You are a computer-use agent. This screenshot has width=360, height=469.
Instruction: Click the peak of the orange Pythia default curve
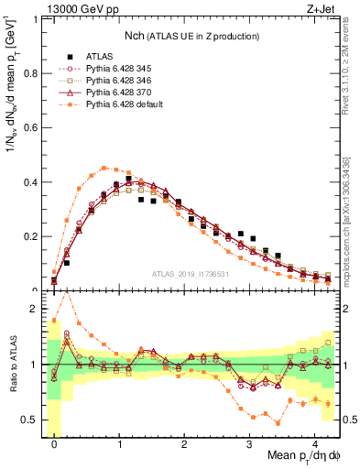click(x=105, y=168)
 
